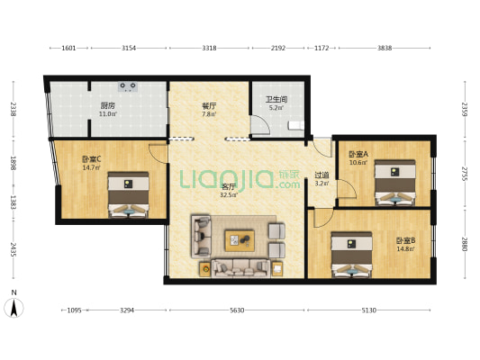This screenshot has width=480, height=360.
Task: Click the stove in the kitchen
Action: pyautogui.click(x=128, y=86)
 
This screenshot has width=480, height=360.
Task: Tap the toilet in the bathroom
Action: pyautogui.click(x=296, y=125)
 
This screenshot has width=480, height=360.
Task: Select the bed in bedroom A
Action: pyautogui.click(x=395, y=183)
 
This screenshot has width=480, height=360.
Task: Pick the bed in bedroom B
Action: pyautogui.click(x=351, y=255)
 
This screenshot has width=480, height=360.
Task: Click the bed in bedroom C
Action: pyautogui.click(x=128, y=194)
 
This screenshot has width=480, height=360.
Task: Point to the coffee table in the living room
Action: pyautogui.click(x=240, y=240)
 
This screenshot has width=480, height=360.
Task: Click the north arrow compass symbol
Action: pyautogui.click(x=14, y=308)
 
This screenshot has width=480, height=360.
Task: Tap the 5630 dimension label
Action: pyautogui.click(x=237, y=310)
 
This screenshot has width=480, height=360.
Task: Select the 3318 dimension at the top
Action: pyautogui.click(x=210, y=48)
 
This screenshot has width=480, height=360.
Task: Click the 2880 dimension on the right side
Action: pyautogui.click(x=465, y=244)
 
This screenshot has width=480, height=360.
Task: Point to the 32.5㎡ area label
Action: pyautogui.click(x=229, y=194)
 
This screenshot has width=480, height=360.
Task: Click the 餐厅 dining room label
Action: pyautogui.click(x=209, y=106)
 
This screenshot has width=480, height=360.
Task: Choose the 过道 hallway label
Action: pyautogui.click(x=322, y=175)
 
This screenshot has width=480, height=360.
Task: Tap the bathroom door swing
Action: pyautogui.click(x=260, y=125)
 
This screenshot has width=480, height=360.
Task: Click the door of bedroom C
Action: pyautogui.click(x=158, y=153)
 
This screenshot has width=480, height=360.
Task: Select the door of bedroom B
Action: pyautogui.click(x=323, y=218)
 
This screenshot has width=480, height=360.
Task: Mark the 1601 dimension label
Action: pyautogui.click(x=68, y=48)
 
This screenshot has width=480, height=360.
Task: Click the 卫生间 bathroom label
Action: pyautogui.click(x=276, y=99)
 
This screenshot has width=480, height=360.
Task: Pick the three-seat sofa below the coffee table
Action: pyautogui.click(x=241, y=268)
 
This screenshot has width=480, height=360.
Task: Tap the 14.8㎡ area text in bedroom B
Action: pyautogui.click(x=405, y=248)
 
